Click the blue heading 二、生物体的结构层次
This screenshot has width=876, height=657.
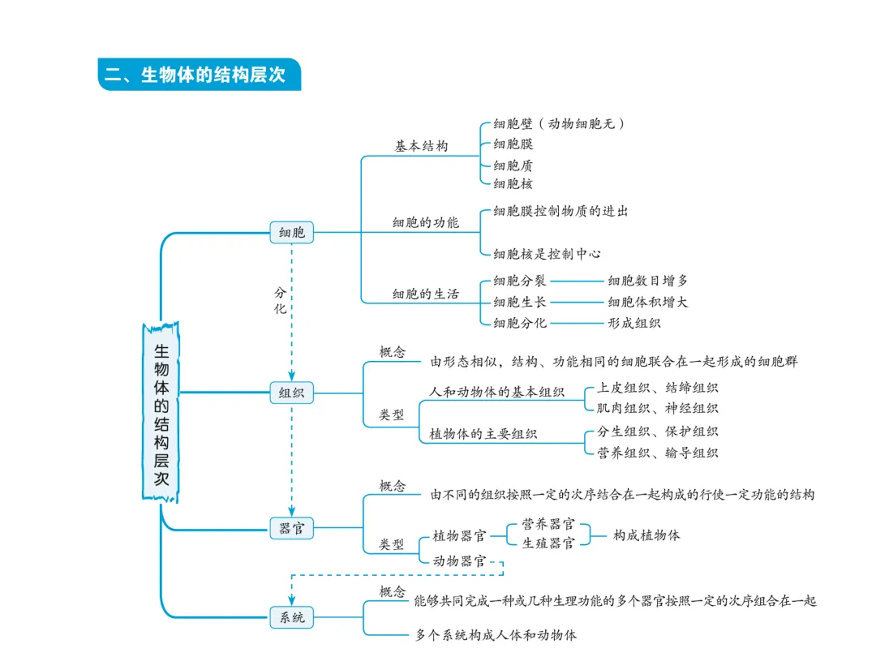click(x=199, y=75)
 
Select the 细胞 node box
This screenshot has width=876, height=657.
click(x=291, y=233)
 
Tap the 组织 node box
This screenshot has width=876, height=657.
click(x=291, y=393)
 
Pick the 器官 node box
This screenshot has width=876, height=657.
click(x=291, y=529)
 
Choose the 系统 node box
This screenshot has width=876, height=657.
click(x=291, y=617)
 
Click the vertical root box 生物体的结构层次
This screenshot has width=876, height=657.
click(x=161, y=413)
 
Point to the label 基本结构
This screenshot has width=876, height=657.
click(x=421, y=147)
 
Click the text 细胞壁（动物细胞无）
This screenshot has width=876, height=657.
click(x=560, y=124)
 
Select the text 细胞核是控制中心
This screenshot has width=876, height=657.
click(x=547, y=254)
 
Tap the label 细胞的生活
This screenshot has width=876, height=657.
click(x=425, y=294)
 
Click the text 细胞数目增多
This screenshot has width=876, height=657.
click(x=648, y=281)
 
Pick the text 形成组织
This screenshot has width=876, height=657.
click(x=634, y=323)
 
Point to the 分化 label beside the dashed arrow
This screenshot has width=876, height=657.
click(x=280, y=300)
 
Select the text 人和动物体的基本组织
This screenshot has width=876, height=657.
click(x=496, y=392)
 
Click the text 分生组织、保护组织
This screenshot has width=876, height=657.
click(x=657, y=432)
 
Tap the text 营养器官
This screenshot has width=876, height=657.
click(x=548, y=524)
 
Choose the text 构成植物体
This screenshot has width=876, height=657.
click(x=646, y=535)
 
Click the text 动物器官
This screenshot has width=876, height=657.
click(x=459, y=560)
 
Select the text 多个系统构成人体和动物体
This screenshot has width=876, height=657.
click(x=496, y=635)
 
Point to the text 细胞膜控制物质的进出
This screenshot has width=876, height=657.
click(x=560, y=211)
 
